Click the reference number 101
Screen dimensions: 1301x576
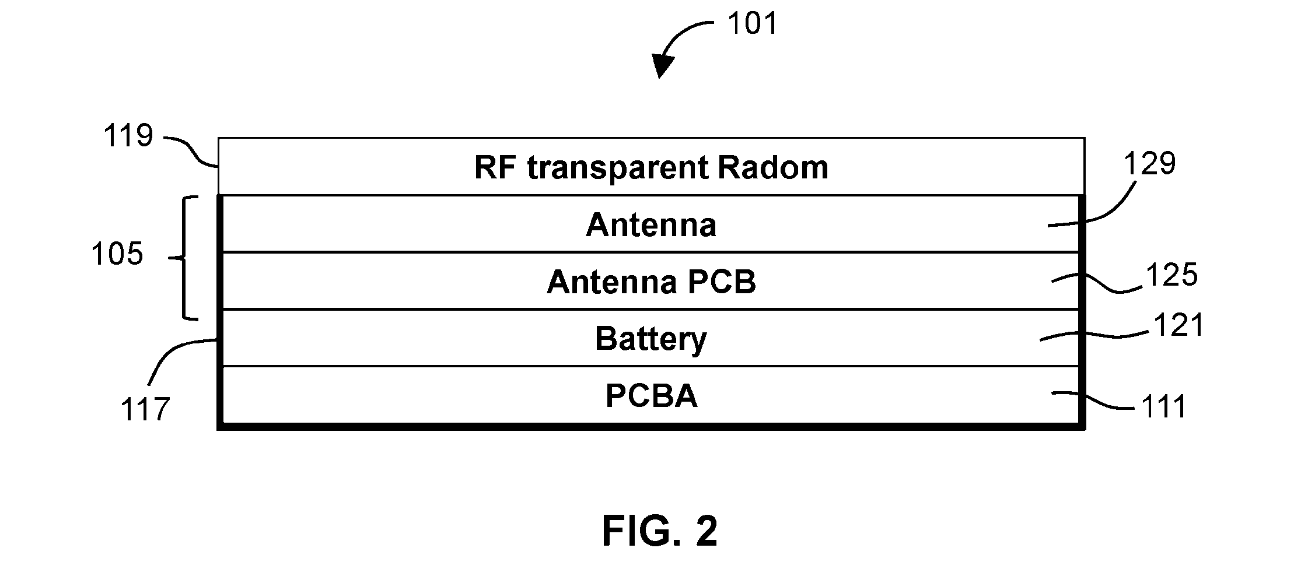click(x=752, y=24)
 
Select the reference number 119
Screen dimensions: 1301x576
click(x=128, y=136)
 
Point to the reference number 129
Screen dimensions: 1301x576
click(x=1150, y=164)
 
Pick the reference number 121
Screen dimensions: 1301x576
click(x=1178, y=325)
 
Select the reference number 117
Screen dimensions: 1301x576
click(x=145, y=409)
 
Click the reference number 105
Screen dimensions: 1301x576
click(x=117, y=255)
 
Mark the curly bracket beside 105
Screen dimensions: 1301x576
click(x=186, y=258)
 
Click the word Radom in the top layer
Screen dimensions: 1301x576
click(x=772, y=167)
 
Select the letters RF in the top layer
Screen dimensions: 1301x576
click(x=496, y=167)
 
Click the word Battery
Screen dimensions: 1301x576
click(x=651, y=339)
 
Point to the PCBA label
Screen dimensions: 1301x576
click(x=652, y=396)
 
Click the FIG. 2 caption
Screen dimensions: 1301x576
click(x=660, y=531)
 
